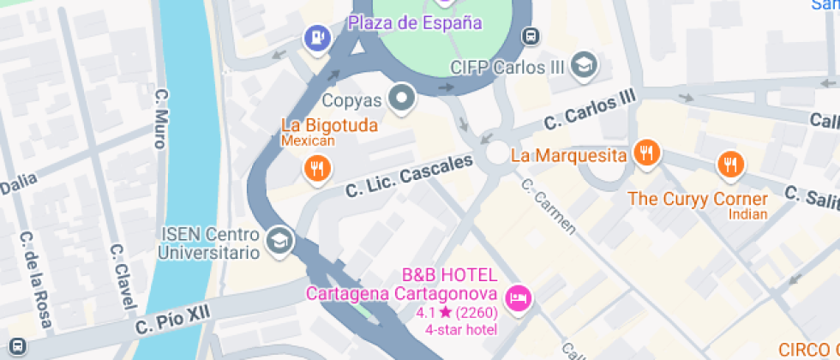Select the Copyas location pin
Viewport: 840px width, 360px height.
tap(401, 99)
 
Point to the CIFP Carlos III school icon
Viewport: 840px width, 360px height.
tap(585, 65)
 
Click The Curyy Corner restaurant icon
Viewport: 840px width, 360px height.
tap(730, 164)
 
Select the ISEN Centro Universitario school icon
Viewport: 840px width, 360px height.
tap(279, 242)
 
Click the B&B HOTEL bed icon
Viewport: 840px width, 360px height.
tap(519, 299)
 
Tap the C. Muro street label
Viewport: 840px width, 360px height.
tap(159, 117)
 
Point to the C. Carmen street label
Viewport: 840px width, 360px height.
tap(548, 206)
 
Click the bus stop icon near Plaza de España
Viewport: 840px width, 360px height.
tap(531, 36)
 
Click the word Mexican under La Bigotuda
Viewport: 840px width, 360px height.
tap(308, 141)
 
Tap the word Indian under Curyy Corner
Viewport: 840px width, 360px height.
tap(747, 214)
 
